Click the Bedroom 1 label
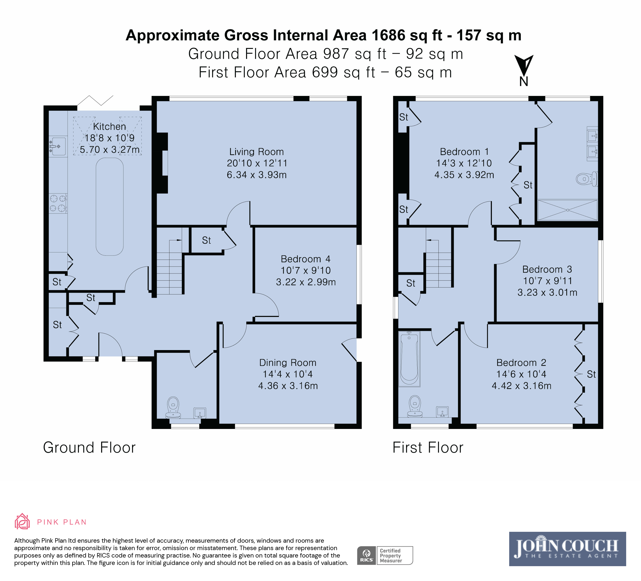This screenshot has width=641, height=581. pos(464,152)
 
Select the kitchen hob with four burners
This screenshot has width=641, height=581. pos(58,203)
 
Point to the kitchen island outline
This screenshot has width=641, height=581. pos(110,207)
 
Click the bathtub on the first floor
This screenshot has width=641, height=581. pos(409,359)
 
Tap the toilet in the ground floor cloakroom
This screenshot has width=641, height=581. pos(173,407)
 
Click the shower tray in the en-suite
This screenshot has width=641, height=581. pos(567,210)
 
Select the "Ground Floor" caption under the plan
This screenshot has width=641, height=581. pos(89,447)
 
